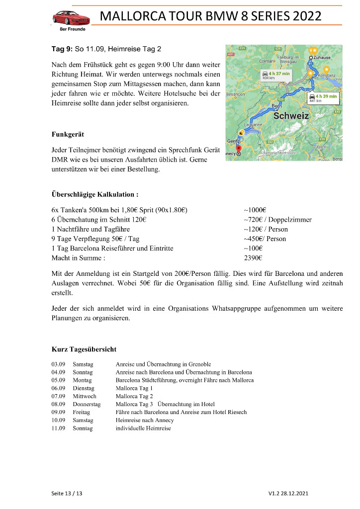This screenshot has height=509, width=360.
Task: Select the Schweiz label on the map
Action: pyautogui.click(x=291, y=115)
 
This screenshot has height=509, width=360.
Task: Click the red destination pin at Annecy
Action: pyautogui.click(x=238, y=148)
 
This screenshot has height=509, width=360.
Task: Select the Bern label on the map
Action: pyautogui.click(x=276, y=106)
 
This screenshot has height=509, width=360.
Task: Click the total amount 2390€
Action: pyautogui.click(x=253, y=258)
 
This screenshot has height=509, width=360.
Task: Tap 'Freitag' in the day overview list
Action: pyautogui.click(x=81, y=412)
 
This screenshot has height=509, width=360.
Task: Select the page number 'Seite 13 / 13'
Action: pyautogui.click(x=67, y=494)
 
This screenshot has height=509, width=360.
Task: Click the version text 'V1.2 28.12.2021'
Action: pyautogui.click(x=288, y=494)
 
